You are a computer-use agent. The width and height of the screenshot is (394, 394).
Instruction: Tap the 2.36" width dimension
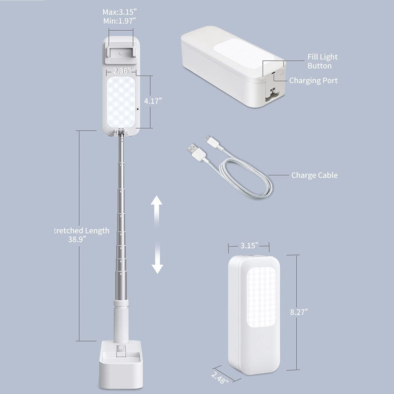coord(122,71)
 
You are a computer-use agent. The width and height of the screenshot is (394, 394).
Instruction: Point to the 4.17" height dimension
coord(153,101)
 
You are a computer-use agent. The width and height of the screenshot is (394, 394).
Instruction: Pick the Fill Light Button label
coord(322,61)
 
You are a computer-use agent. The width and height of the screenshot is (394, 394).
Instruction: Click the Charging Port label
coord(313,81)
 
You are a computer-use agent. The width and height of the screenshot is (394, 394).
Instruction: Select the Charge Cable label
coord(314,175)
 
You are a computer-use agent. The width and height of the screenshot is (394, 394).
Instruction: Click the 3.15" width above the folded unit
coord(249,245)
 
